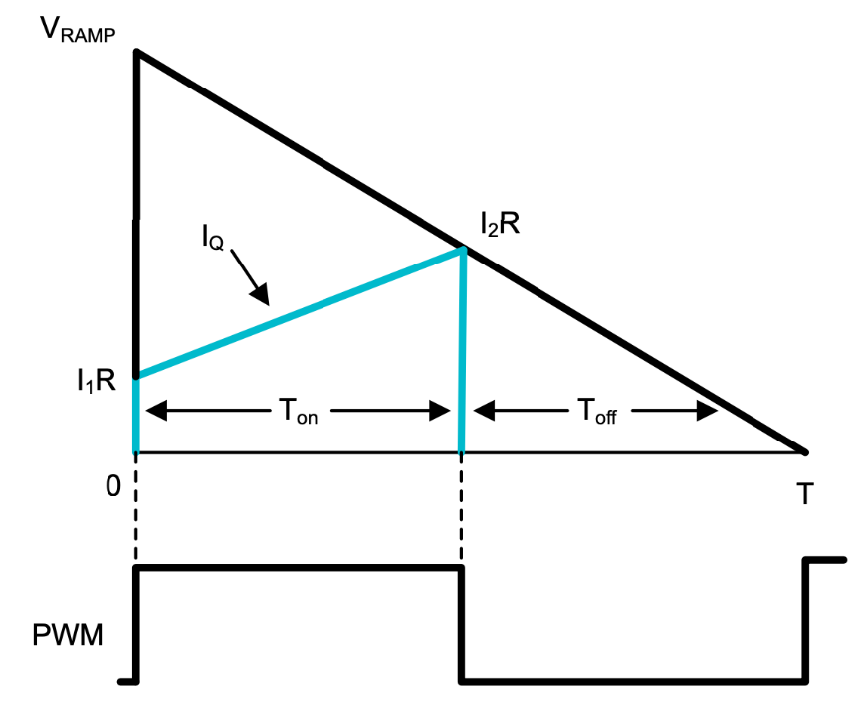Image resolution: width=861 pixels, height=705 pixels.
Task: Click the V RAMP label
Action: click(x=77, y=30)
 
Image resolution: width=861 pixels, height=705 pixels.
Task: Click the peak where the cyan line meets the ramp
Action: click(x=462, y=249)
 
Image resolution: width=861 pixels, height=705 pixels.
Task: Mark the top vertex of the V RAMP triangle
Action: click(x=136, y=52)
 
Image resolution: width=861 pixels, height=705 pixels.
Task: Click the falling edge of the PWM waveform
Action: click(x=461, y=624)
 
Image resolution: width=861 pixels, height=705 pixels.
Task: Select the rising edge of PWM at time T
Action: click(x=805, y=621)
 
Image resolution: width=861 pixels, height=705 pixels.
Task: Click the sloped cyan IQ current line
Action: click(x=299, y=313)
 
